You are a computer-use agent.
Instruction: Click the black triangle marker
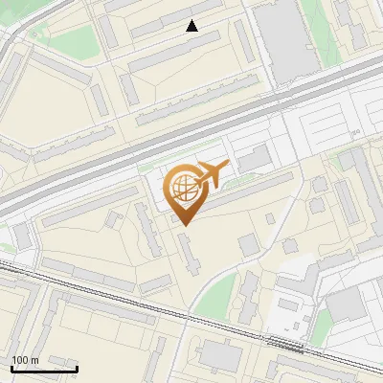[x=192, y=26]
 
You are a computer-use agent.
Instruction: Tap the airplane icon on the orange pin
[x=211, y=173]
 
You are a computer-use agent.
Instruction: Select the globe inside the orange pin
[x=184, y=187]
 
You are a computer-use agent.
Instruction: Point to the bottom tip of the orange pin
[x=185, y=224]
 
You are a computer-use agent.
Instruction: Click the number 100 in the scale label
[x=20, y=360]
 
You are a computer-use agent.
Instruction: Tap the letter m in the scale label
[x=34, y=360]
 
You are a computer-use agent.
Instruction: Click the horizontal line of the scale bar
[x=43, y=368]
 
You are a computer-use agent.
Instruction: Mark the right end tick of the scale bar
[x=77, y=366]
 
